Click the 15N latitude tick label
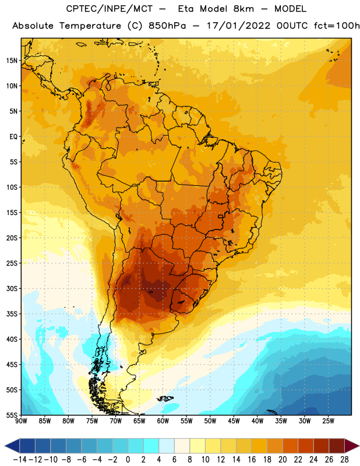pos(12,61)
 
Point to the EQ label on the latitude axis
pos(13,137)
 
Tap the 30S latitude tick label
pos(12,288)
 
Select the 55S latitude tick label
pos(12,415)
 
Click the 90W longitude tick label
pos(21,421)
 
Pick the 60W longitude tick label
pos(163,421)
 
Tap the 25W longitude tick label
pos(328,421)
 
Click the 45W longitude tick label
pos(234,421)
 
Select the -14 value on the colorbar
pos(20,460)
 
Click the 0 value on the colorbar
pos(128,460)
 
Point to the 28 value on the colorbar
pos(344,460)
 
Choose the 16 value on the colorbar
pos(252,460)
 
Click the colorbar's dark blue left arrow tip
pos(5,446)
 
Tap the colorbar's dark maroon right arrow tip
pos(359,446)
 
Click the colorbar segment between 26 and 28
pos(337,446)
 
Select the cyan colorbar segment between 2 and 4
pos(151,446)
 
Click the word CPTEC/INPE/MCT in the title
pos(109,9)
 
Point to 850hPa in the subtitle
pos(167,26)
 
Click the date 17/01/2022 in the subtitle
pos(238,26)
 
